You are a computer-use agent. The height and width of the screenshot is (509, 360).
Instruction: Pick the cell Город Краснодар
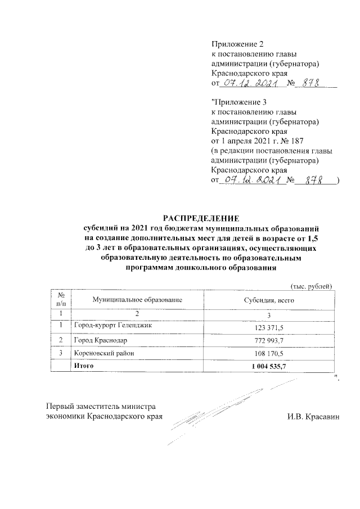tap(96, 341)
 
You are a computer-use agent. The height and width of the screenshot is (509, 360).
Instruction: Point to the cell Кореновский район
tap(101, 353)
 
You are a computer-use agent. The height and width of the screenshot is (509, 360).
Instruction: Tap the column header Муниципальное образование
tap(138, 301)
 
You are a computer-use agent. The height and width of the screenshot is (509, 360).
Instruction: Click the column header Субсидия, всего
tap(269, 301)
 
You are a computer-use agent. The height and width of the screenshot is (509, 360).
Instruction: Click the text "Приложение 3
tap(236, 102)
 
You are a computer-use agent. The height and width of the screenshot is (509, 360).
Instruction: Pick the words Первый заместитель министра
tap(101, 407)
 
